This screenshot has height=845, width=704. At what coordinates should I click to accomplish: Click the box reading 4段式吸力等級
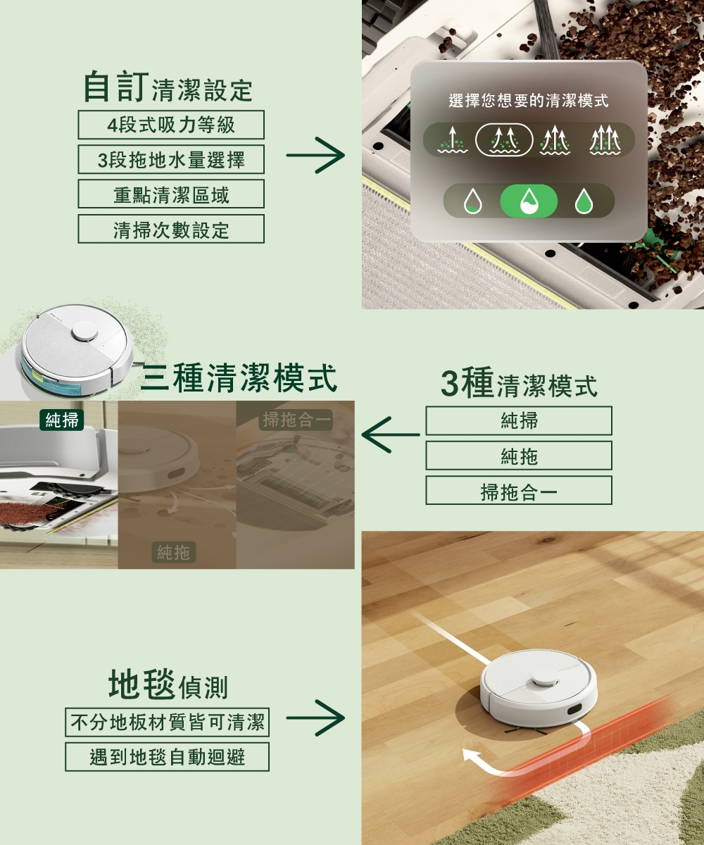[171, 125]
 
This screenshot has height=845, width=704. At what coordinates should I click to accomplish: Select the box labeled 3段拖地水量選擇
[171, 160]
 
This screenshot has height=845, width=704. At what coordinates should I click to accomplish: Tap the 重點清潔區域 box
[171, 194]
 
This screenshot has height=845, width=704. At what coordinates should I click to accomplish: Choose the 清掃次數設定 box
[171, 230]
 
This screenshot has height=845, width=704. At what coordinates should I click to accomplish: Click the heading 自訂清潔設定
[168, 87]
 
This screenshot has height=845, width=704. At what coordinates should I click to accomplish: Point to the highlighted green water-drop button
[528, 202]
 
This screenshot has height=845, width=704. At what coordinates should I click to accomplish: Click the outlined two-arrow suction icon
[504, 140]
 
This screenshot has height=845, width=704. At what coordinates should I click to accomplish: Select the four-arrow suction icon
[605, 140]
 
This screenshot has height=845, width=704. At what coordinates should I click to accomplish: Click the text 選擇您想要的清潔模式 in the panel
[528, 101]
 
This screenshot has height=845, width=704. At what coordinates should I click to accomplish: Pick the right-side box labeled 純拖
[519, 456]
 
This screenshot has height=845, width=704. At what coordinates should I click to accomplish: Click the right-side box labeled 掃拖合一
[519, 491]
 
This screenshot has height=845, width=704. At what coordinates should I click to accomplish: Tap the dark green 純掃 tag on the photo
[62, 421]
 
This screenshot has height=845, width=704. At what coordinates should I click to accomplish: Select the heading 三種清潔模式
[239, 378]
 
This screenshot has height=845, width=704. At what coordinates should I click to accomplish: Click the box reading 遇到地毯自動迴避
[168, 757]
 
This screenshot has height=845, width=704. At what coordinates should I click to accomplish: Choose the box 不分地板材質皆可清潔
[168, 722]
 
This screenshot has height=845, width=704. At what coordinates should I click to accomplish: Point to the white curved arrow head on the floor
[469, 756]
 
